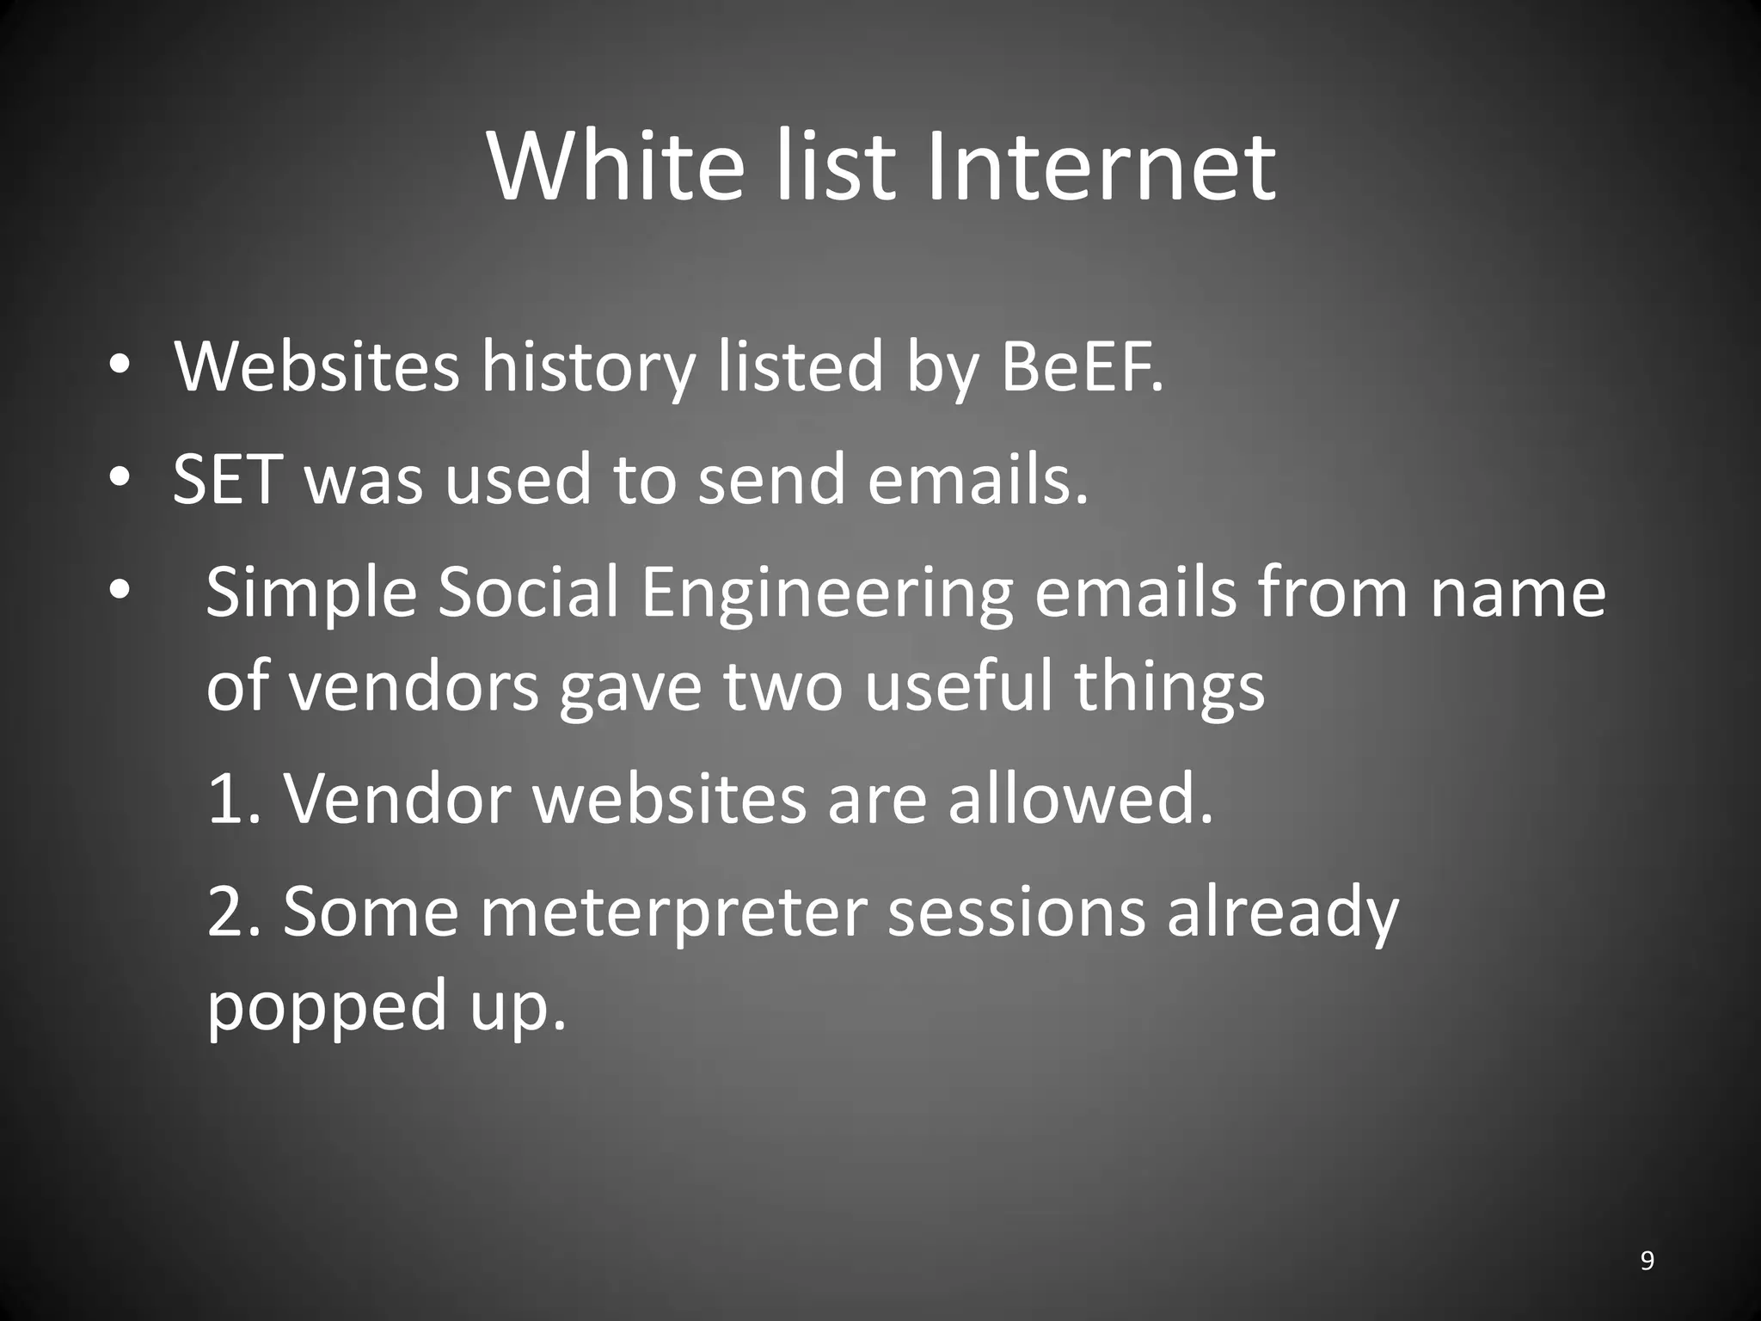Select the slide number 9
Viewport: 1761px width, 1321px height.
click(1647, 1261)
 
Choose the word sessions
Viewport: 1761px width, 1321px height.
click(1015, 913)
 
